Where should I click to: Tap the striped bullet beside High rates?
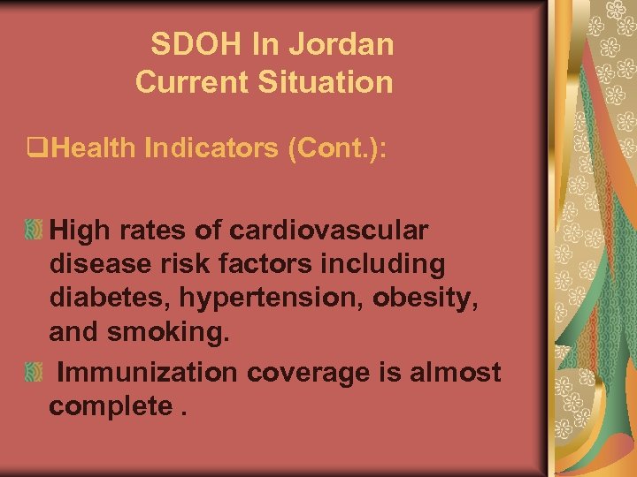coord(33,231)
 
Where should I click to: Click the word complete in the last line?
coord(111,407)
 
